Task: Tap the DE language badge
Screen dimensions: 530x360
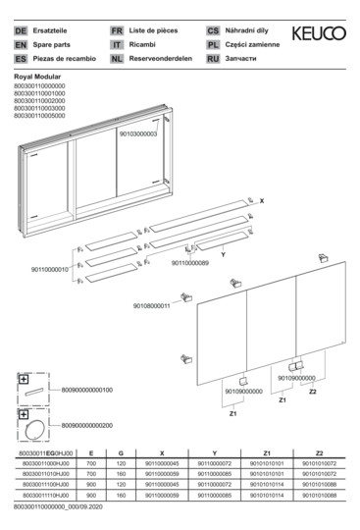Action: [20, 31]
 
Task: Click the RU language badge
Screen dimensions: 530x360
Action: [213, 59]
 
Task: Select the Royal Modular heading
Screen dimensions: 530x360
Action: [41, 76]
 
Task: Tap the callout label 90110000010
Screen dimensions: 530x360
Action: [51, 269]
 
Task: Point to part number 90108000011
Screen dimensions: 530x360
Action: [152, 306]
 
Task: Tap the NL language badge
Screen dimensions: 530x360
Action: [117, 59]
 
